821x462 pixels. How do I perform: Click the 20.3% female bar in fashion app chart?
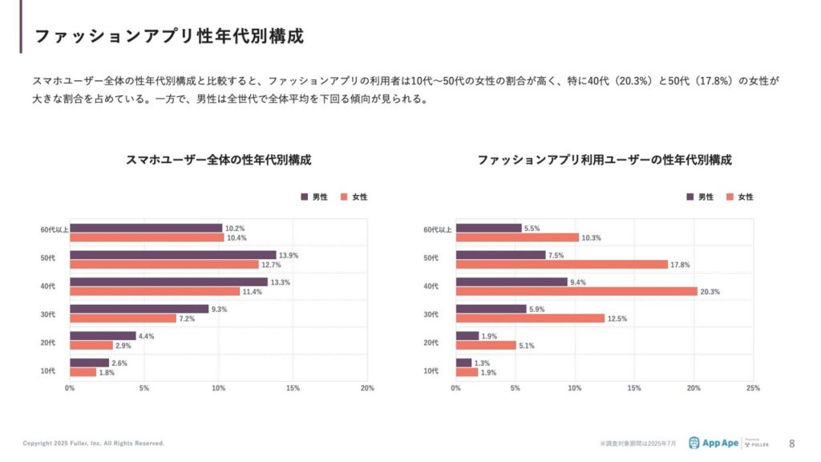(576, 291)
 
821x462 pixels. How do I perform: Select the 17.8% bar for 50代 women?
(561, 264)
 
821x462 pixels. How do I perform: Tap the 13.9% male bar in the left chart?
(172, 254)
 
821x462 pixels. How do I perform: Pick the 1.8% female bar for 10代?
(83, 372)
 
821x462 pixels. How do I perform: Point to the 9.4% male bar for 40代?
(512, 282)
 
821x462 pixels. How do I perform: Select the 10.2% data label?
(235, 228)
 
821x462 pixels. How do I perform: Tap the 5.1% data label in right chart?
(527, 346)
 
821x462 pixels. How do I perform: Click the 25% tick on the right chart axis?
(753, 388)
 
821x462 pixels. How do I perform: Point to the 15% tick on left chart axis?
(293, 388)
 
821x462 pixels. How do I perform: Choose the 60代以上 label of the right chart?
(438, 230)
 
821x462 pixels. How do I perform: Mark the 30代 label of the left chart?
(48, 314)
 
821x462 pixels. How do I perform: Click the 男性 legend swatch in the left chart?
(305, 197)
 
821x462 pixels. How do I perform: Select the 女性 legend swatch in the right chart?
(730, 197)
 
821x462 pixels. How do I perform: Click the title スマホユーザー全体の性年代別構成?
(219, 160)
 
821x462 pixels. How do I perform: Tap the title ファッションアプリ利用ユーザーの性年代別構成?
(605, 160)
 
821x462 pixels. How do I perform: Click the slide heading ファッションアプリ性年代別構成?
(169, 37)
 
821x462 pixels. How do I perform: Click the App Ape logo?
(716, 443)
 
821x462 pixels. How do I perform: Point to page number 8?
(792, 443)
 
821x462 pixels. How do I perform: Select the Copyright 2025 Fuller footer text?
(93, 444)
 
